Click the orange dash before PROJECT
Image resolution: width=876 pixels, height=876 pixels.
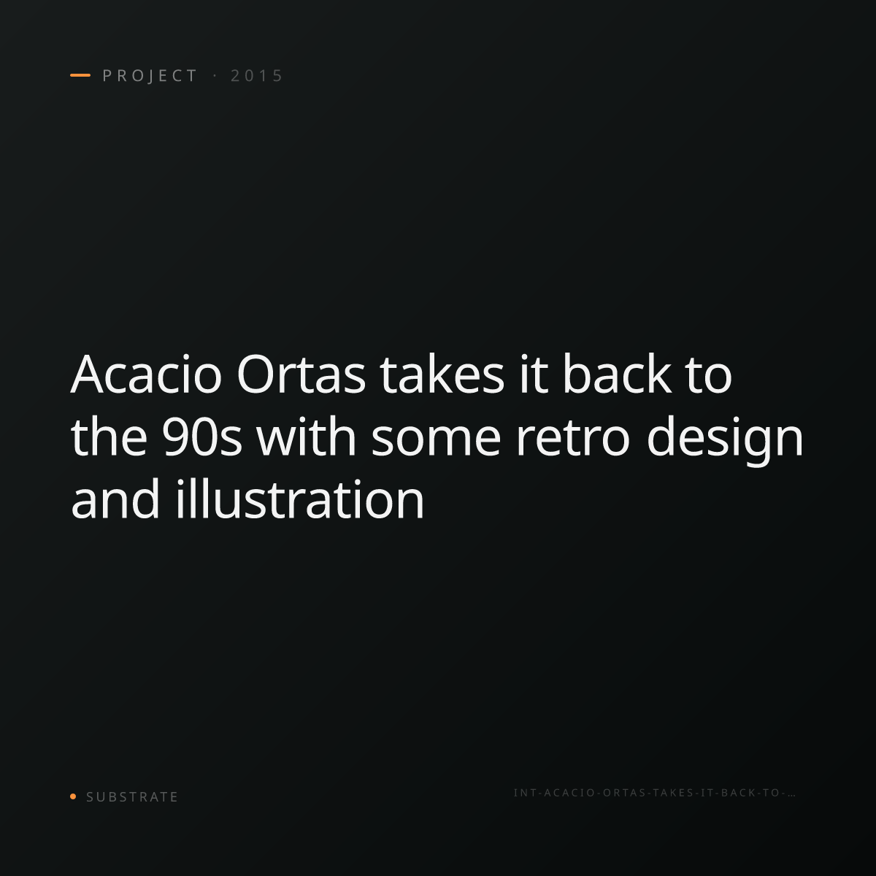point(80,75)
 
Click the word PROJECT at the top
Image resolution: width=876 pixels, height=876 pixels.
point(150,76)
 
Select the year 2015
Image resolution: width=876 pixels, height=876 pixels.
point(257,76)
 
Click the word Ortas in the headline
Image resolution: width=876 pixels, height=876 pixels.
point(301,374)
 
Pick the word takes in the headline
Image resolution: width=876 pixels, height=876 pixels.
point(442,373)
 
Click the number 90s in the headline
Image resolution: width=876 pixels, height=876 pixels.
point(201,437)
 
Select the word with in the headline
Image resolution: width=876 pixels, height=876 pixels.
point(306,436)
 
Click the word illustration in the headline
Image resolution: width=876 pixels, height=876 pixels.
point(300,499)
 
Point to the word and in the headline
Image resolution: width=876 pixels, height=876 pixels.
point(115,499)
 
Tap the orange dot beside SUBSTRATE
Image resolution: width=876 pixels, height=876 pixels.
point(73,796)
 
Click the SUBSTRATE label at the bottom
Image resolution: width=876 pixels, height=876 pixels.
point(132,797)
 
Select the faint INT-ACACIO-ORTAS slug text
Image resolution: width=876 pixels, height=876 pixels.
point(654,793)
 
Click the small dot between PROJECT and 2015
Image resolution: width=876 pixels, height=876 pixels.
point(215,76)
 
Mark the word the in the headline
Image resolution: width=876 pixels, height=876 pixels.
point(109,436)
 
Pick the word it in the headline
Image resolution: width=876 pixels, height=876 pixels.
point(534,374)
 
